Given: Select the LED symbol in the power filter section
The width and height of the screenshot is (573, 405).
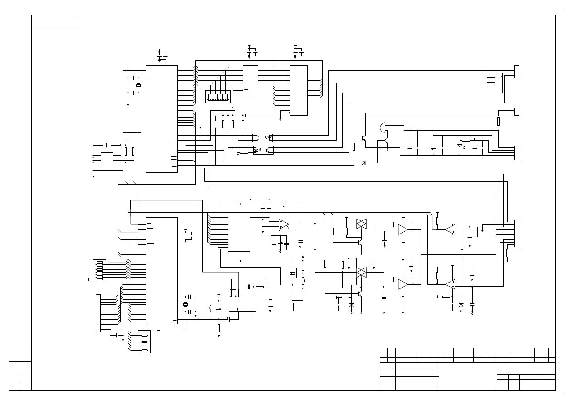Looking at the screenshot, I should tap(460, 146).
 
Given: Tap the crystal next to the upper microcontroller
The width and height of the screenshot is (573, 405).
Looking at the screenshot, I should tap(138, 86).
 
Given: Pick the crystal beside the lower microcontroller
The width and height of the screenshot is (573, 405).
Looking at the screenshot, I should tap(185, 304).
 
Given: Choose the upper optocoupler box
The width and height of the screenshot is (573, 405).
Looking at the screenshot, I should tap(262, 137).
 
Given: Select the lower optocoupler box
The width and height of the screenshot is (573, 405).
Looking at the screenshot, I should tap(263, 150).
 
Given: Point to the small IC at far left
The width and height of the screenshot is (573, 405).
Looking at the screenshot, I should tap(107, 159).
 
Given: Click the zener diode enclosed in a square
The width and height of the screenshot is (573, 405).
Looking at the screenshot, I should tap(293, 273).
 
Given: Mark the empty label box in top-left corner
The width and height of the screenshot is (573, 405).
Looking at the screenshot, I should tap(55, 20).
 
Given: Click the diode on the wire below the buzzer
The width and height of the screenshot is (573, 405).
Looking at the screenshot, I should tap(363, 163).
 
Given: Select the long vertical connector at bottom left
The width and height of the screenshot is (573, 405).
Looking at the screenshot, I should tap(98, 313).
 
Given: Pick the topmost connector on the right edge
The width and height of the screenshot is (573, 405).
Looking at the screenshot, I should tap(516, 71).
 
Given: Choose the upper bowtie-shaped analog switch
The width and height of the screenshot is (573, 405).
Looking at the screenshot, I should tap(361, 223).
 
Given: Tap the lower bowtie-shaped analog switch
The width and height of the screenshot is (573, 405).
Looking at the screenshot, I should tap(361, 272).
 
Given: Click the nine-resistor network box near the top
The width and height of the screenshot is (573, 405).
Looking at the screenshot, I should tap(218, 96).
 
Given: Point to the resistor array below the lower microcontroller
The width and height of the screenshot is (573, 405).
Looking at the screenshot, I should tap(144, 342).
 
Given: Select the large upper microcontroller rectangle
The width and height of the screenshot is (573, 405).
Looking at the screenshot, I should tap(162, 119).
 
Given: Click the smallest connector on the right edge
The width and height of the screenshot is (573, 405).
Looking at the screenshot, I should tap(516, 112).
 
